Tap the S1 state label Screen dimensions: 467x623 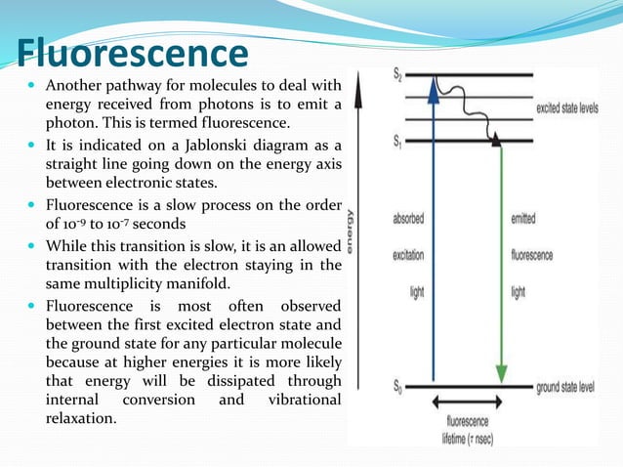398,142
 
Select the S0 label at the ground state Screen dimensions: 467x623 398,388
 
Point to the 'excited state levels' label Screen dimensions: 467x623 580,109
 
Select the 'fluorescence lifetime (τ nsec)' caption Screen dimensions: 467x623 467,429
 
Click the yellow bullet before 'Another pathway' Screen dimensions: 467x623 33,86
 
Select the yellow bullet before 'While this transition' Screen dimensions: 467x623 33,245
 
